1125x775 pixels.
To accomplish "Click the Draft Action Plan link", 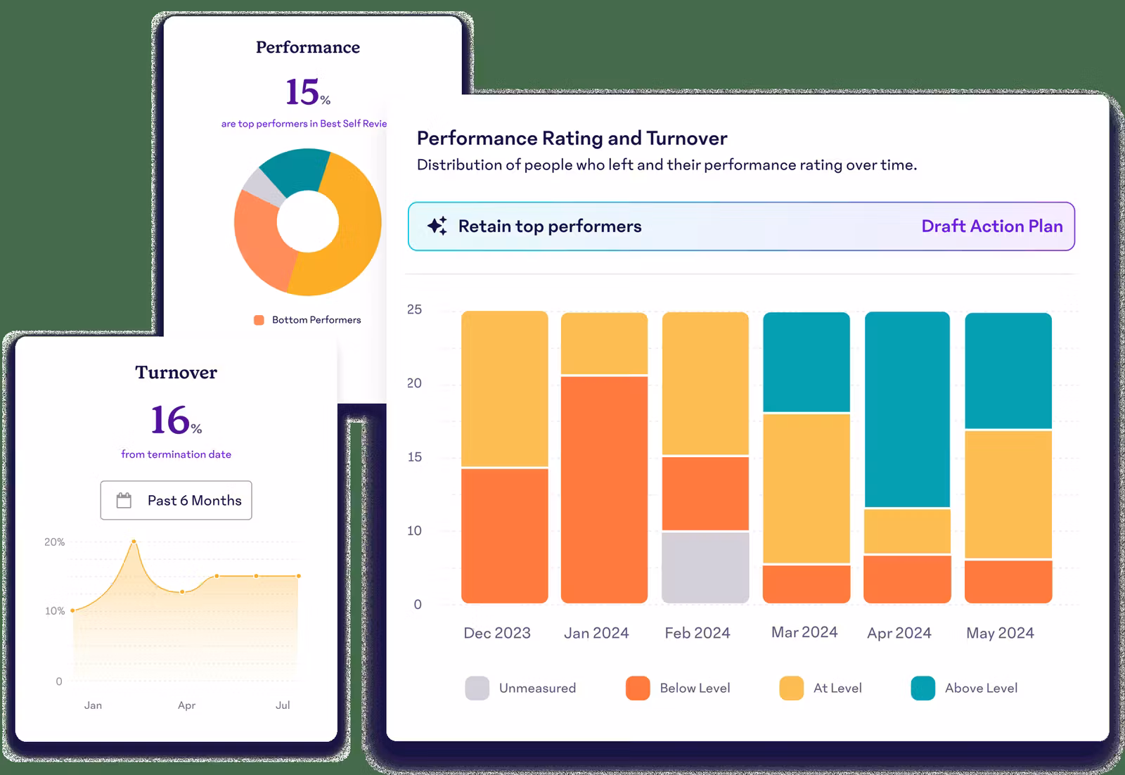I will [991, 226].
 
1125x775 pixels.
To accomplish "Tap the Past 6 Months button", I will [176, 500].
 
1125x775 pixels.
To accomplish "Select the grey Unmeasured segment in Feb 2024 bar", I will [705, 567].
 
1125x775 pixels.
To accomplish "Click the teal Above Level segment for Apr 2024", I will [907, 409].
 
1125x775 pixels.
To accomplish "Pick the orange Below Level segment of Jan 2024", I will [604, 489].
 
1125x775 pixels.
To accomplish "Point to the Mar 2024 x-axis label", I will [804, 632].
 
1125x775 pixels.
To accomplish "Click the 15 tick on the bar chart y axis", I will [414, 457].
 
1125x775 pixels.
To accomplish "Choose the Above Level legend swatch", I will [922, 688].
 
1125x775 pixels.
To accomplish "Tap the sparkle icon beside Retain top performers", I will [437, 226].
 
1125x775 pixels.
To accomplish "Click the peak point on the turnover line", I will [134, 542].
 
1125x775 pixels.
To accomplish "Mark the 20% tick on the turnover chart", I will [54, 542].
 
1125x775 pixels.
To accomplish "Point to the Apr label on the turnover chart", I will [186, 705].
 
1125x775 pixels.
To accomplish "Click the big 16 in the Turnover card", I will [170, 420].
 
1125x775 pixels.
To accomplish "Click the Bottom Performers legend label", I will [316, 320].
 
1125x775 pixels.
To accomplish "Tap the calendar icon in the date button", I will [124, 501].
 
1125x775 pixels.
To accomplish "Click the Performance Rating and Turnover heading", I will [572, 139].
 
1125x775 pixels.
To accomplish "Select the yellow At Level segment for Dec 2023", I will [505, 389].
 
